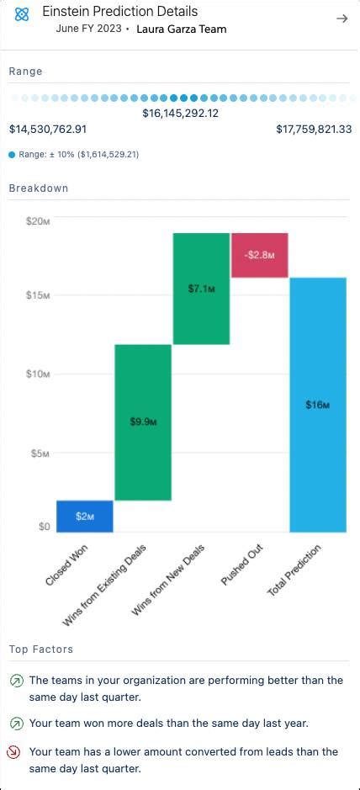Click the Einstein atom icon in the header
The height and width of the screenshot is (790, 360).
point(22,15)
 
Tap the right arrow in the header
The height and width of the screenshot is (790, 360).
point(341,19)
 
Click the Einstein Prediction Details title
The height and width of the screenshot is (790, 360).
point(120,12)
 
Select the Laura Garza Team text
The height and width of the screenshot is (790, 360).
point(181,29)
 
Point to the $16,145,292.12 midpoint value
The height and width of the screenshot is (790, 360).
point(180,113)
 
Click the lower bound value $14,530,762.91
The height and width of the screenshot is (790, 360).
point(48,130)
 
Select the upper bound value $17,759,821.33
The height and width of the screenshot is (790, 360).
point(314,130)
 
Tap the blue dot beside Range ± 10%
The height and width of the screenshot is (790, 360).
point(12,155)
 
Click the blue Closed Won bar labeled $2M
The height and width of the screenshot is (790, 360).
point(85,516)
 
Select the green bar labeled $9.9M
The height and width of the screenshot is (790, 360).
point(143,422)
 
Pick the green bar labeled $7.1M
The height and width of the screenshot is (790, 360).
point(202,289)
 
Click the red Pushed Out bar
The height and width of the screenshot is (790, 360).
point(260,255)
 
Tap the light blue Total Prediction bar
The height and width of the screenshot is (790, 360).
point(318,405)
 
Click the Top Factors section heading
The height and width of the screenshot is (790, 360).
point(40,649)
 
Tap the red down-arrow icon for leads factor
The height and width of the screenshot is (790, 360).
point(16,752)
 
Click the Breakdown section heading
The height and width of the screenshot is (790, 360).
point(39,188)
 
